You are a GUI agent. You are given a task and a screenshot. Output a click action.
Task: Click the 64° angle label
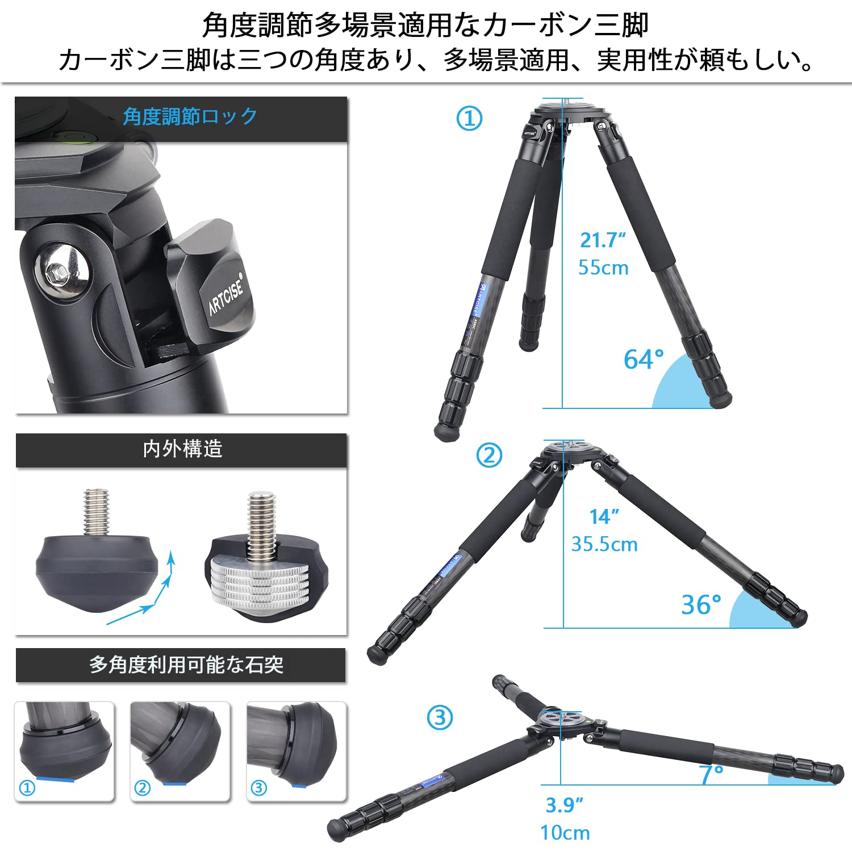click(644, 359)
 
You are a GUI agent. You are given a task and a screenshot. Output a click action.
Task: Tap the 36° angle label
click(701, 604)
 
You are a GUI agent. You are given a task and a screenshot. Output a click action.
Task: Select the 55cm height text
click(603, 268)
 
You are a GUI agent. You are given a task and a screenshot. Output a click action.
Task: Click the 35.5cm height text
click(604, 544)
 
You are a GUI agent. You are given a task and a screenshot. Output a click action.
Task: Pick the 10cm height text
click(565, 833)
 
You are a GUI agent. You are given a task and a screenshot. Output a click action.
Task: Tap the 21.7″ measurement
click(603, 240)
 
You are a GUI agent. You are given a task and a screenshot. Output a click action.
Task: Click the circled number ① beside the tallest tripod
click(469, 119)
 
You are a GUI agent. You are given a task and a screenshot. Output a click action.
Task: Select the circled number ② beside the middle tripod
click(489, 455)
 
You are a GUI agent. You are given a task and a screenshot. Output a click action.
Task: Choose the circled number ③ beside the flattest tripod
click(440, 717)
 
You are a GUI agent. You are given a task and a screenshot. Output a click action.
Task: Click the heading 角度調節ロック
click(190, 117)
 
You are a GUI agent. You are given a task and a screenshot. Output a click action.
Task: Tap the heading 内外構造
click(182, 449)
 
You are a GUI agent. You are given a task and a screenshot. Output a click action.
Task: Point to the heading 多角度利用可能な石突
click(186, 665)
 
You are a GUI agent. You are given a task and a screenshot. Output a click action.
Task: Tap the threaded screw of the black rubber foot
click(96, 511)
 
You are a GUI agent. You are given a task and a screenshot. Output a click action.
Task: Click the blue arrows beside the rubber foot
click(148, 591)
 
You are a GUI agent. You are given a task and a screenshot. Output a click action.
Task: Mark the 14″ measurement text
click(604, 517)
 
